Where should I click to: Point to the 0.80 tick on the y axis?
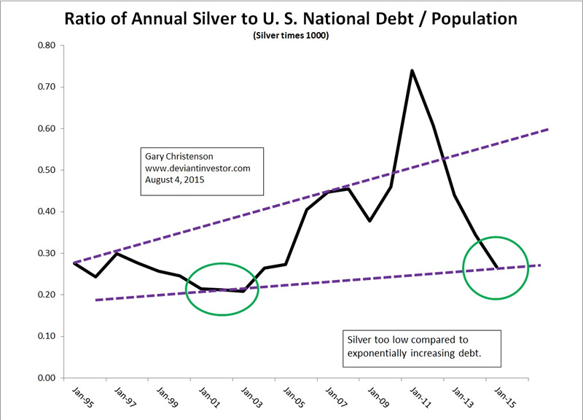point(47,45)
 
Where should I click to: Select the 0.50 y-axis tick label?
point(47,170)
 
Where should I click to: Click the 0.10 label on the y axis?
point(47,336)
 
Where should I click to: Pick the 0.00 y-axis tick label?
point(47,378)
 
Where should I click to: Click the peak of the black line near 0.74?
point(412,71)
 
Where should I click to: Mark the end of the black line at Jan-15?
point(496,268)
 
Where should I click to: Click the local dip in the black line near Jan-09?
point(370,220)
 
